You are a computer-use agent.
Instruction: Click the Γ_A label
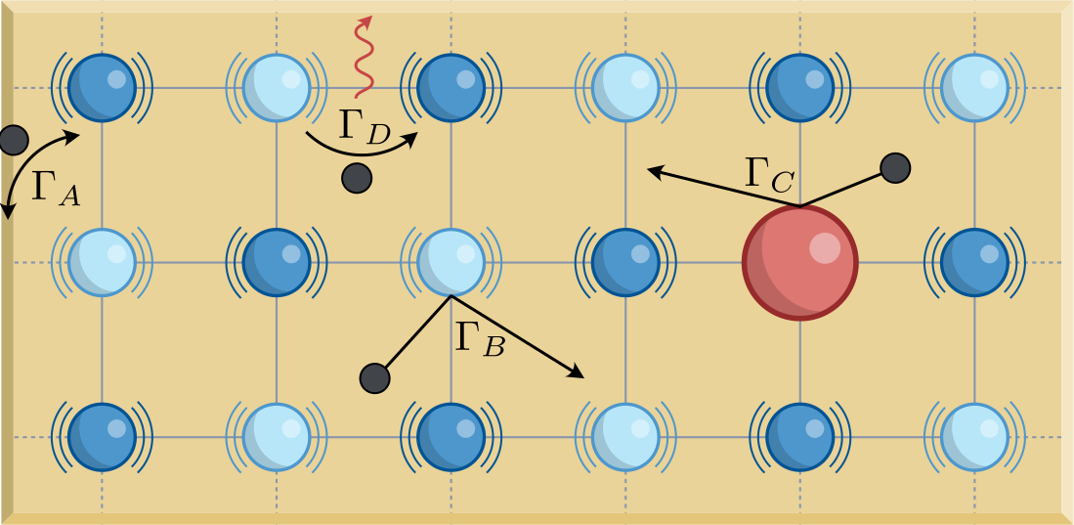click(x=56, y=188)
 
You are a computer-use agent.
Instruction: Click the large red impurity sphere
click(x=800, y=262)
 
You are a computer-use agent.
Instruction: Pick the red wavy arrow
click(x=364, y=56)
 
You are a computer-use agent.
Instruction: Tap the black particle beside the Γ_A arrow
click(x=13, y=140)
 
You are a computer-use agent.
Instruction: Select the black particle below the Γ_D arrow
click(x=356, y=178)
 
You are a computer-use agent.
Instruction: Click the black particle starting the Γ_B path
click(x=374, y=378)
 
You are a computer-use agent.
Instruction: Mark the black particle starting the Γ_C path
click(x=894, y=168)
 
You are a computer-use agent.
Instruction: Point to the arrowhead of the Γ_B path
click(x=576, y=372)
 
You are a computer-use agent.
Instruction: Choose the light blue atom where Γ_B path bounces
click(x=451, y=262)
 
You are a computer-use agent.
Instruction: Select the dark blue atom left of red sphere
click(x=625, y=262)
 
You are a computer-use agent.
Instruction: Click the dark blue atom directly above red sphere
click(x=800, y=88)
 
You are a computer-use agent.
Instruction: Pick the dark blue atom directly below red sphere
click(x=800, y=437)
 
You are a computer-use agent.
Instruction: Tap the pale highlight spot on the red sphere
click(x=824, y=247)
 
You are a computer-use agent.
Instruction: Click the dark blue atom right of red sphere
click(x=974, y=262)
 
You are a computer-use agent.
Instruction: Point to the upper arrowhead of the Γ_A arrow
click(x=73, y=137)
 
